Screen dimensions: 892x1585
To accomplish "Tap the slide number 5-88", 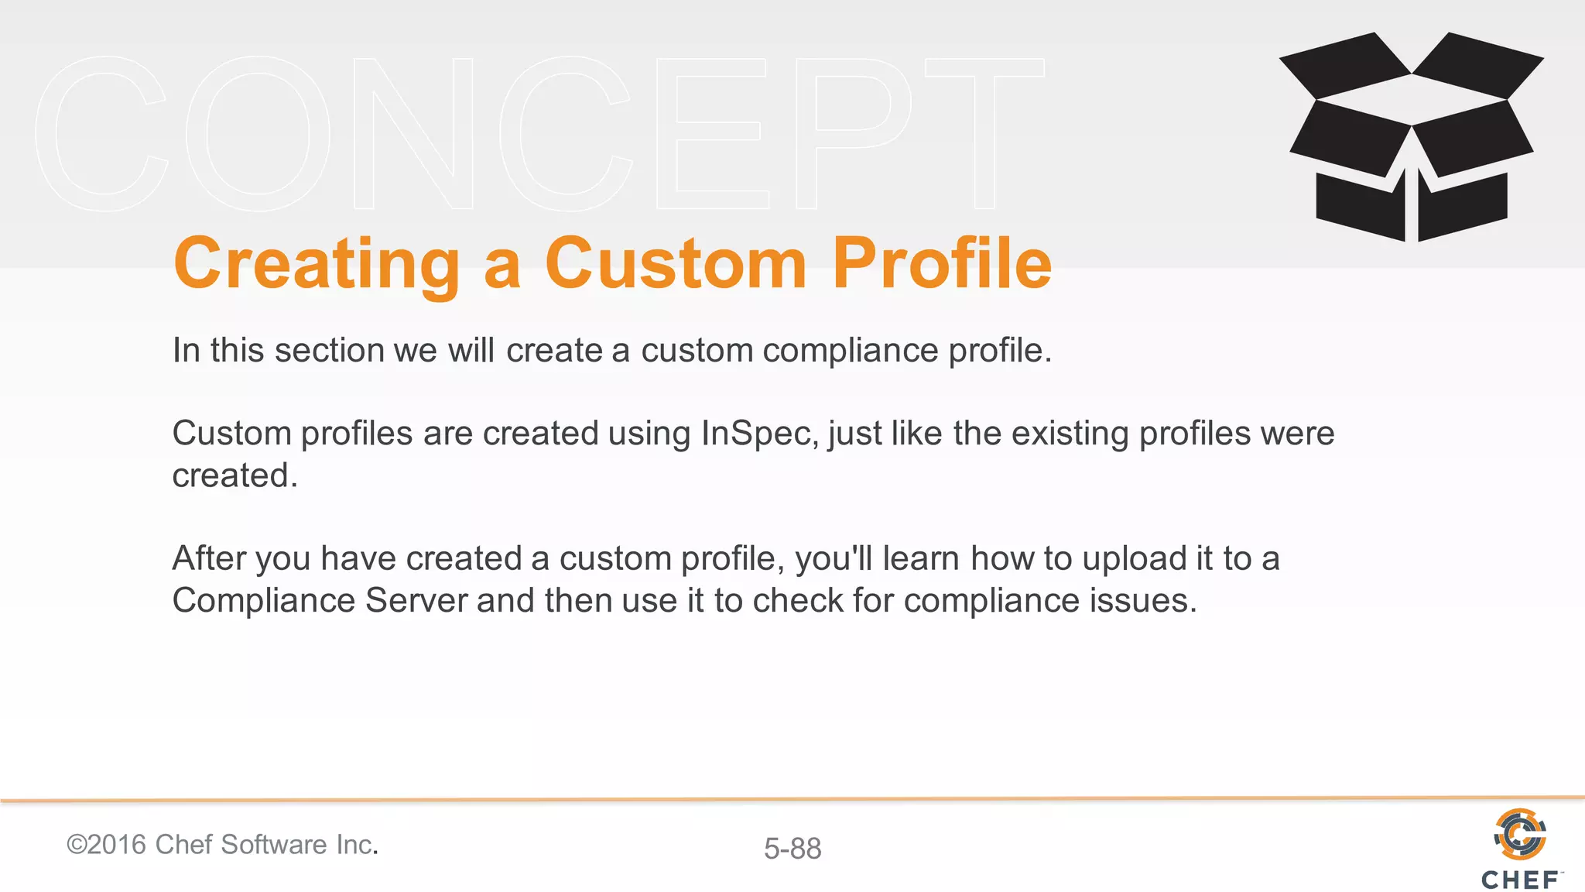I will (792, 849).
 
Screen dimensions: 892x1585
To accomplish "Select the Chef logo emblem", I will (1519, 834).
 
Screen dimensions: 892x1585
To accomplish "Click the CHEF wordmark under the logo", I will (1520, 880).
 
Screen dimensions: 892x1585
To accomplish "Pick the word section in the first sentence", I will (329, 351).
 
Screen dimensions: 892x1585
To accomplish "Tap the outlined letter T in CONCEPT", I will (984, 133).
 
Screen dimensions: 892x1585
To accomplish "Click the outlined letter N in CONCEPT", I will (414, 133).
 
